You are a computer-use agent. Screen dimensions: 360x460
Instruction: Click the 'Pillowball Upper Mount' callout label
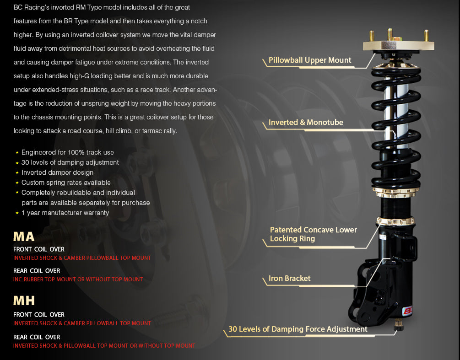[x=309, y=60]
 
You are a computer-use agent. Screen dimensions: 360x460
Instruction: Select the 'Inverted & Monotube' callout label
[x=305, y=123]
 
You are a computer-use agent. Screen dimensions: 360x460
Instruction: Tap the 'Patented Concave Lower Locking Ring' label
[x=313, y=234]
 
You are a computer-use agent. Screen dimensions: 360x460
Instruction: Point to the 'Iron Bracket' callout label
[x=289, y=279]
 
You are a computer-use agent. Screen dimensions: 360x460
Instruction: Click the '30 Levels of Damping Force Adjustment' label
[x=298, y=329]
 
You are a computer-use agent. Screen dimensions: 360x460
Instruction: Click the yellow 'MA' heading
[x=24, y=236]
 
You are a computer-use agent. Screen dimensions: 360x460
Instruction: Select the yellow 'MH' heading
[x=24, y=301]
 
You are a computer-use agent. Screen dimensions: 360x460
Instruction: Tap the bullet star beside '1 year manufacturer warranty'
[x=17, y=213]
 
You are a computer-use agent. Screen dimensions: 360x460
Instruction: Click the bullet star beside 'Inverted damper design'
[x=17, y=172]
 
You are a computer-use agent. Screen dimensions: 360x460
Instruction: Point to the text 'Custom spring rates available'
[x=66, y=183]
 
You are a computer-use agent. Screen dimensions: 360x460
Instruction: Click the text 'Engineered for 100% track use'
[x=67, y=152]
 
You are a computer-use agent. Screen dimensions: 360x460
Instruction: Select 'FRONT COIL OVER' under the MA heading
[x=39, y=249]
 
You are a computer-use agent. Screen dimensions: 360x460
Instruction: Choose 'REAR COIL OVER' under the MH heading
[x=37, y=337]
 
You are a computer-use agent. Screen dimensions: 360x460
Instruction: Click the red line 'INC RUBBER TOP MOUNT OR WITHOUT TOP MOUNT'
[x=78, y=279]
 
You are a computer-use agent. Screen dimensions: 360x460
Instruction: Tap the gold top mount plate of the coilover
[x=398, y=45]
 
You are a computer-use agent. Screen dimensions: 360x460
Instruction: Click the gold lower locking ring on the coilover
[x=395, y=222]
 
